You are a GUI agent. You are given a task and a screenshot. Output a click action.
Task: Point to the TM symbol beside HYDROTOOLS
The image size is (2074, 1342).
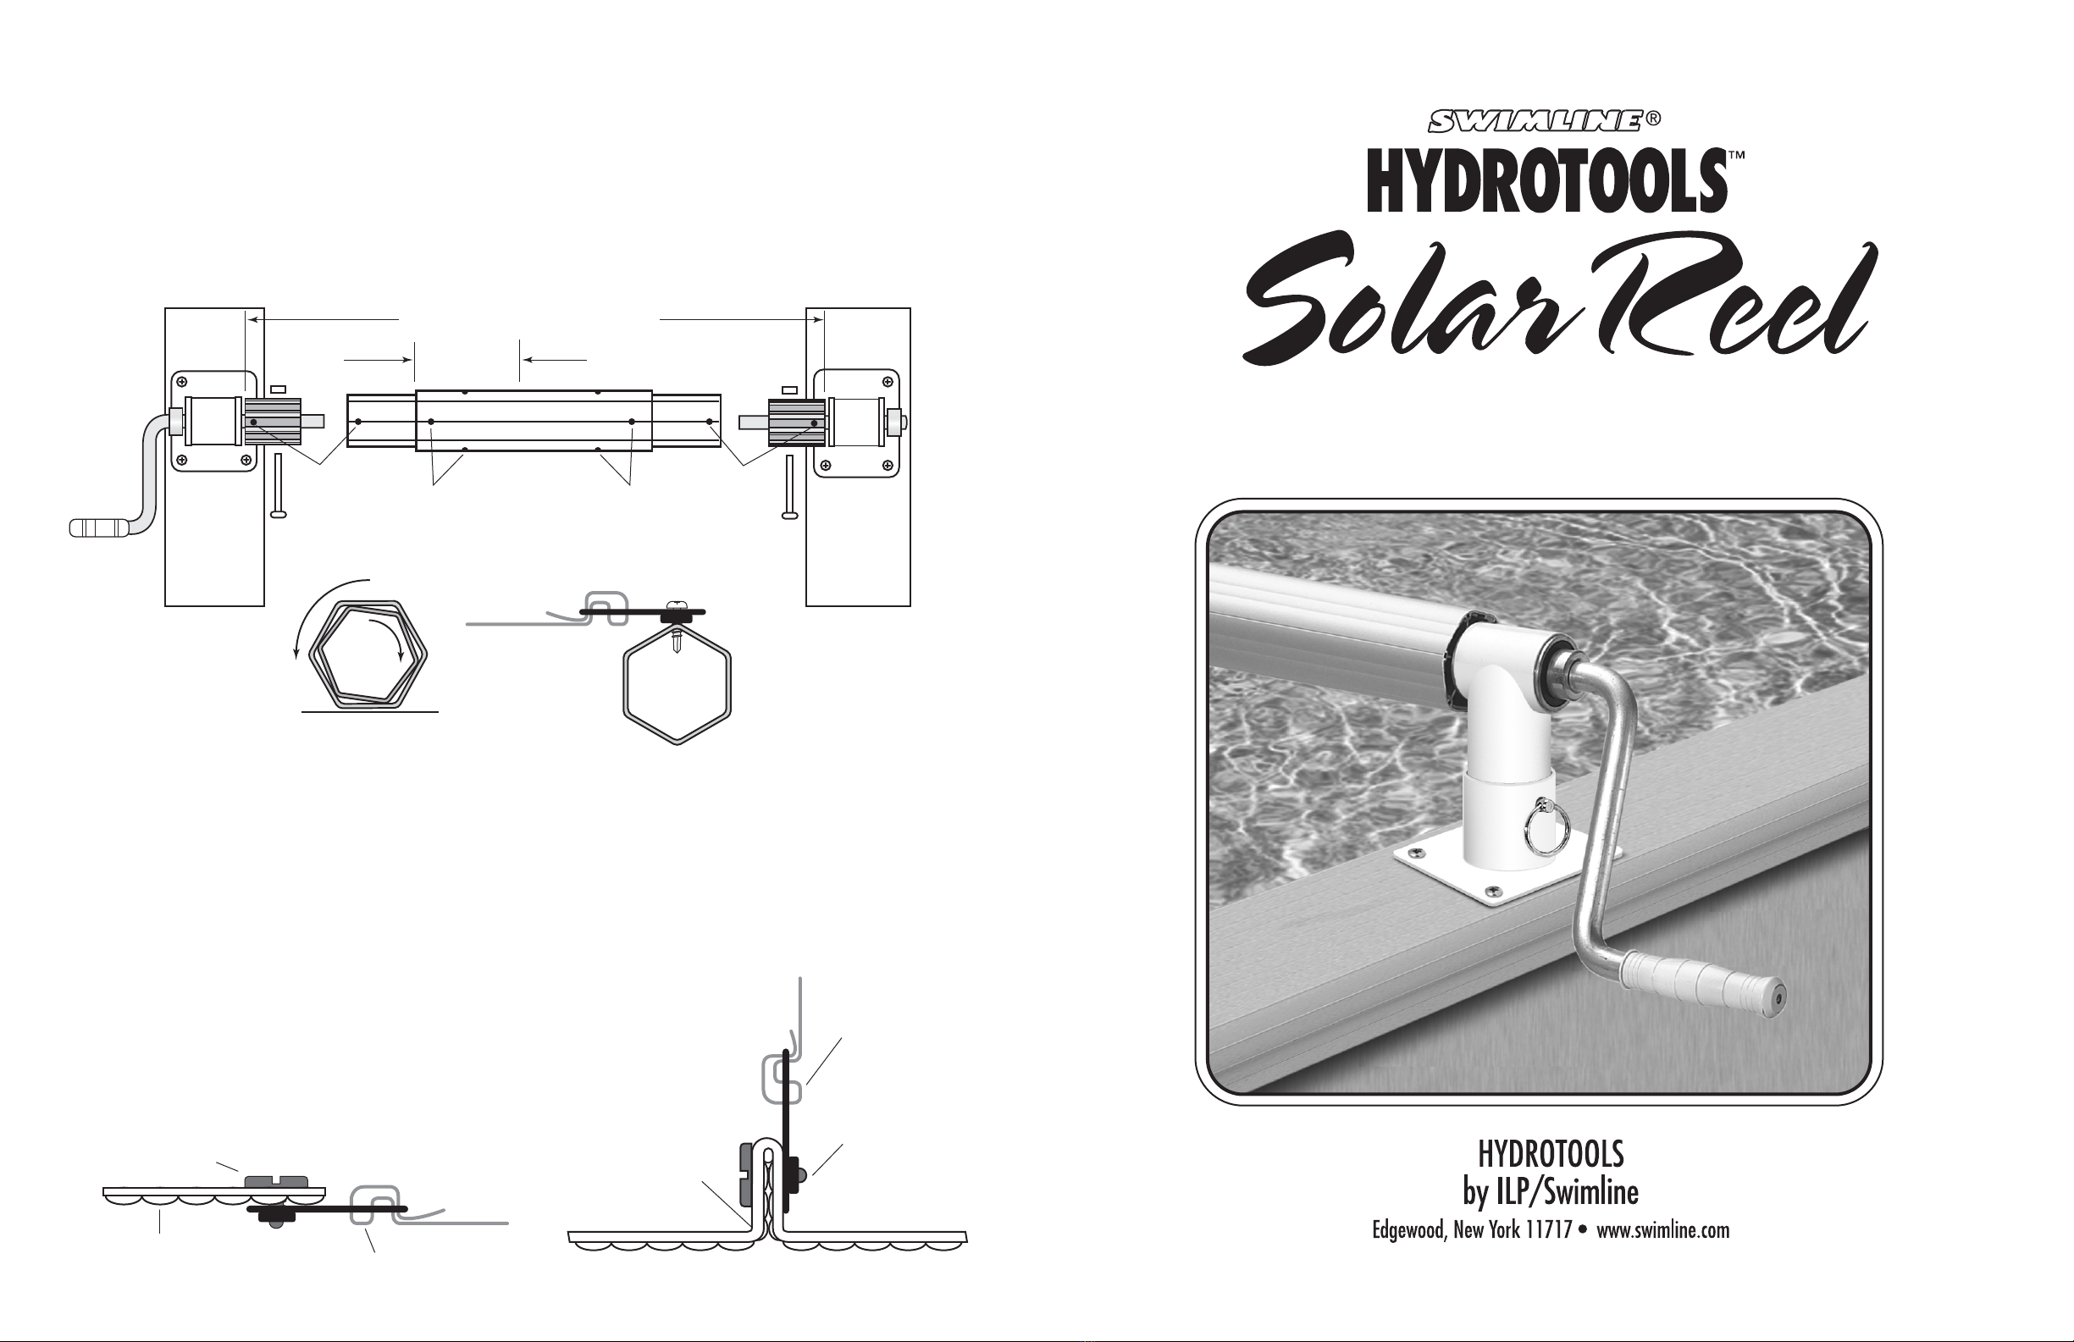point(1736,155)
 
